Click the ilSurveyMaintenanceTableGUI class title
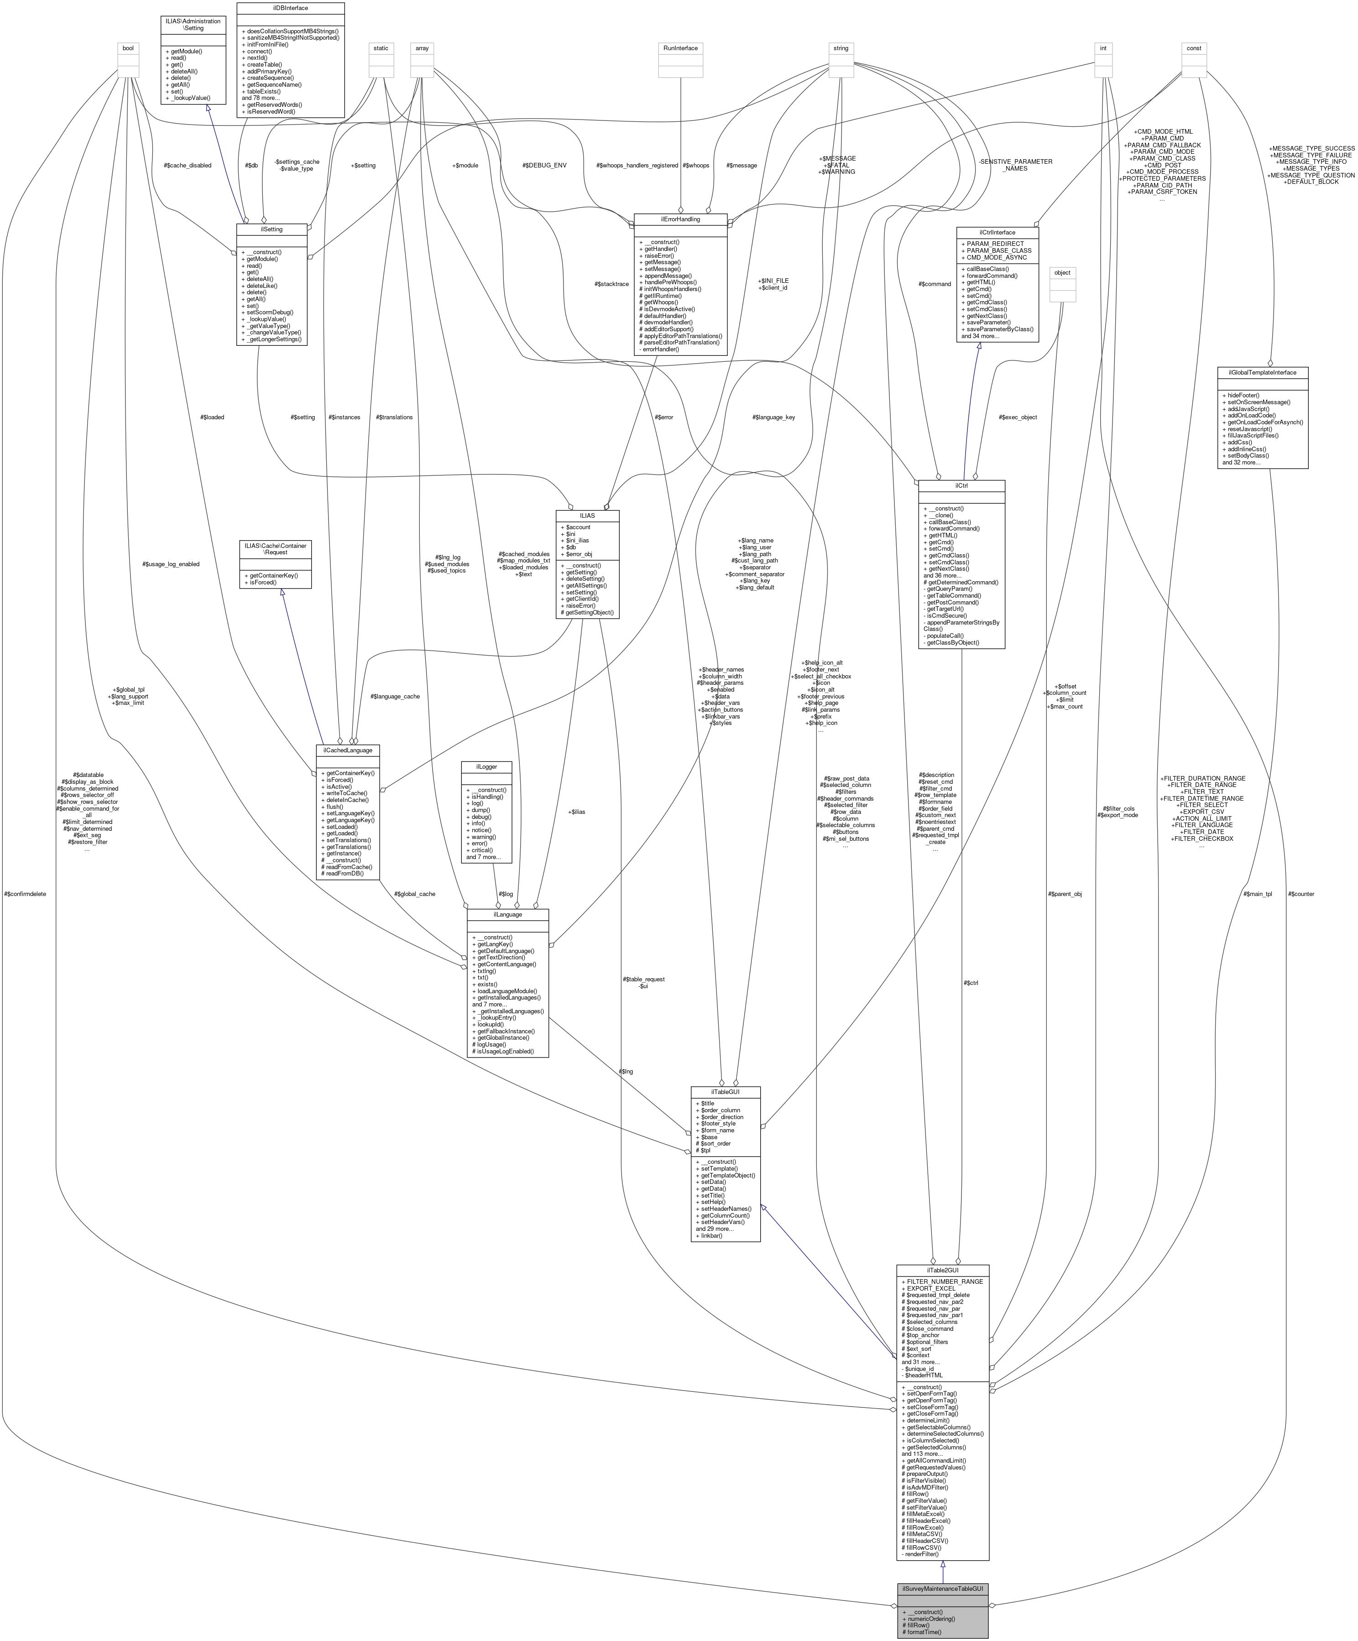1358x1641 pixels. [x=942, y=1589]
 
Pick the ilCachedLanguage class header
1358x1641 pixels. [x=348, y=750]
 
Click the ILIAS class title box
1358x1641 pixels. [x=587, y=515]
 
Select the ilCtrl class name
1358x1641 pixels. [x=961, y=485]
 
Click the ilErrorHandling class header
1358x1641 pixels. [x=680, y=219]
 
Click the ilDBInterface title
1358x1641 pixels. [x=290, y=8]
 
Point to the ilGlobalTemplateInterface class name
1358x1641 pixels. [x=1262, y=372]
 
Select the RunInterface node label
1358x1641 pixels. [x=680, y=48]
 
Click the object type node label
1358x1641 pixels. [x=1062, y=273]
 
